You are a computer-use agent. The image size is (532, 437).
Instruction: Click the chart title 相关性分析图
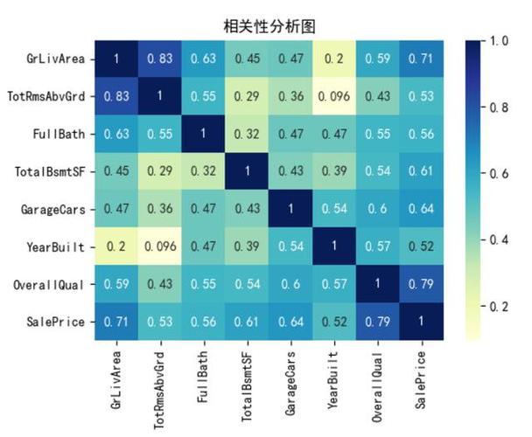[x=266, y=25]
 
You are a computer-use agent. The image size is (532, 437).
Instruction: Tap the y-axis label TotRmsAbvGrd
[x=50, y=96]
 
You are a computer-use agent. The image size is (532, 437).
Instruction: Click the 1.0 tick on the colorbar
[x=500, y=40]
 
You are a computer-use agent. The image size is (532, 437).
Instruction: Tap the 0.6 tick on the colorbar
[x=500, y=173]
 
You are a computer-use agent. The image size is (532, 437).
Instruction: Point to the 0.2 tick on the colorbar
[x=500, y=306]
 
